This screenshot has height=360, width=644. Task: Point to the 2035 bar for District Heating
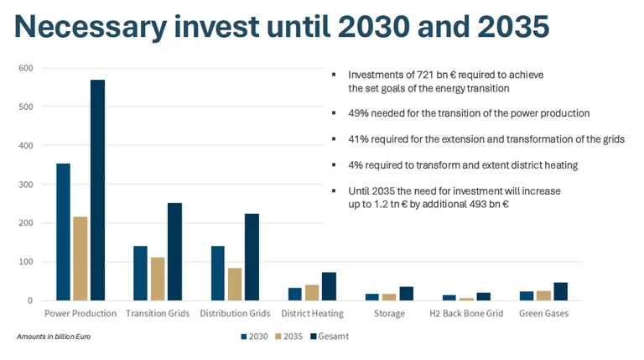311,292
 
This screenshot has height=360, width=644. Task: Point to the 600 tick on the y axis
25,68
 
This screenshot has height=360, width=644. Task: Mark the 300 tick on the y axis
25,185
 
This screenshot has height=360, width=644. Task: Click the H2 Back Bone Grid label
466,314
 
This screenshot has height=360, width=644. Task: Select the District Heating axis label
311,314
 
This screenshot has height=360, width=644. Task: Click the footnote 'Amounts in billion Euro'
55,337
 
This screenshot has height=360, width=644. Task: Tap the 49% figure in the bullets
358,112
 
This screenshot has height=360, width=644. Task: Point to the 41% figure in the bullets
358,139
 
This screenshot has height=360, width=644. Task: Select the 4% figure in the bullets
356,165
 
